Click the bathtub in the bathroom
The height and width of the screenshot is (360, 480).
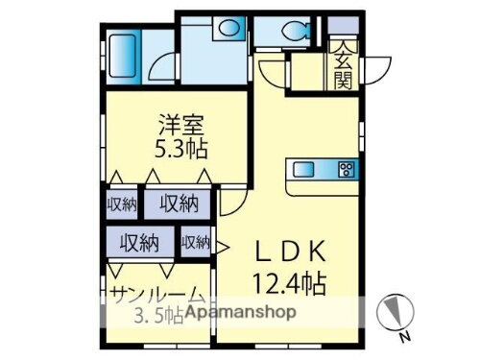123,57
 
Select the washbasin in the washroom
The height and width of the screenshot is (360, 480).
228,29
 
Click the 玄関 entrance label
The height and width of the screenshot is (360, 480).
342,67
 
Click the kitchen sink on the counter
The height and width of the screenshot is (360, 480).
305,170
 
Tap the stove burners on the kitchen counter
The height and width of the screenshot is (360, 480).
347,171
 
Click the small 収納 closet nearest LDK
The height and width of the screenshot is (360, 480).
196,243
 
